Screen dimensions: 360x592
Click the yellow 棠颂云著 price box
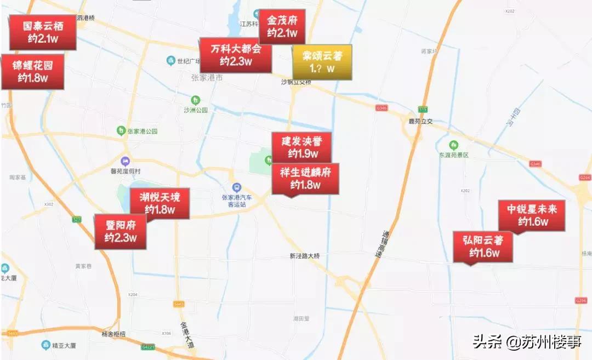tap(322, 62)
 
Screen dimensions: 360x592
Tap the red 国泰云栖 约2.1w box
tap(42, 32)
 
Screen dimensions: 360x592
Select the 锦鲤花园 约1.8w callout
tap(32, 72)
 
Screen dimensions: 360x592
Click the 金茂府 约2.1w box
tap(282, 27)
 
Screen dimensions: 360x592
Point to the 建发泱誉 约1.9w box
tap(302, 147)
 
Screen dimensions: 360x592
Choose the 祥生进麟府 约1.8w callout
tap(305, 179)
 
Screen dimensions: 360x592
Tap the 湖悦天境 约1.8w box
tap(160, 203)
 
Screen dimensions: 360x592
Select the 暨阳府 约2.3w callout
tap(121, 231)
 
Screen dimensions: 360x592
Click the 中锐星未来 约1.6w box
tap(532, 215)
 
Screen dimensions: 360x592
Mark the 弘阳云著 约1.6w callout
tap(483, 246)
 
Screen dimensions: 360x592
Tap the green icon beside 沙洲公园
tap(196, 100)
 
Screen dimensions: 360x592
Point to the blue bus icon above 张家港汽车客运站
tap(236, 187)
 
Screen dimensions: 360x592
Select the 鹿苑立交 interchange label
tap(421, 121)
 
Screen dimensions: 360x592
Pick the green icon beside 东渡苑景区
tap(453, 145)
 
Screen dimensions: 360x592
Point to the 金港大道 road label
tap(187, 335)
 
